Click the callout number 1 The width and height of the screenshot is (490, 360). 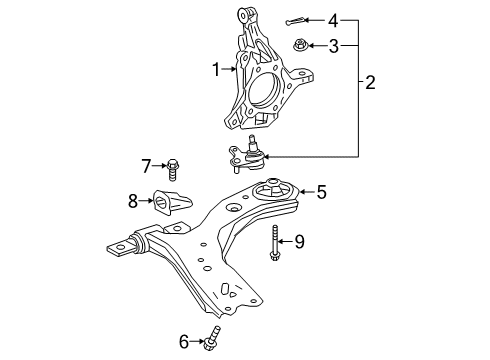(x=215, y=69)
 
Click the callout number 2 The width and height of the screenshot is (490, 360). (x=370, y=84)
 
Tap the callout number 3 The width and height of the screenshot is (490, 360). (x=335, y=44)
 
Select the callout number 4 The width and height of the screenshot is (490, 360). (x=334, y=18)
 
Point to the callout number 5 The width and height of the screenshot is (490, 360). (x=322, y=191)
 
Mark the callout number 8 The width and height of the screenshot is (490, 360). (x=134, y=201)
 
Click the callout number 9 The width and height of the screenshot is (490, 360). (x=298, y=241)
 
